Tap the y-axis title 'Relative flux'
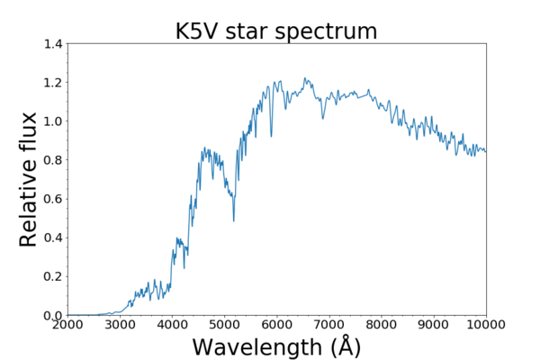[29, 179]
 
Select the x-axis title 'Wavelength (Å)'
[276, 346]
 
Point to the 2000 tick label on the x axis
[67, 325]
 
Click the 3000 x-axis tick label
[120, 325]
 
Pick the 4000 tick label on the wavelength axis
[172, 325]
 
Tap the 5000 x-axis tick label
[224, 325]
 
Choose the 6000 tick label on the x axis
[276, 325]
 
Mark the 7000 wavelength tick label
[329, 325]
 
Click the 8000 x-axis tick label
[382, 325]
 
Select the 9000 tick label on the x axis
[434, 325]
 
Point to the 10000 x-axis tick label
[484, 325]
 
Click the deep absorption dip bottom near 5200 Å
[234, 220]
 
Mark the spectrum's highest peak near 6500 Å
[306, 78]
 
